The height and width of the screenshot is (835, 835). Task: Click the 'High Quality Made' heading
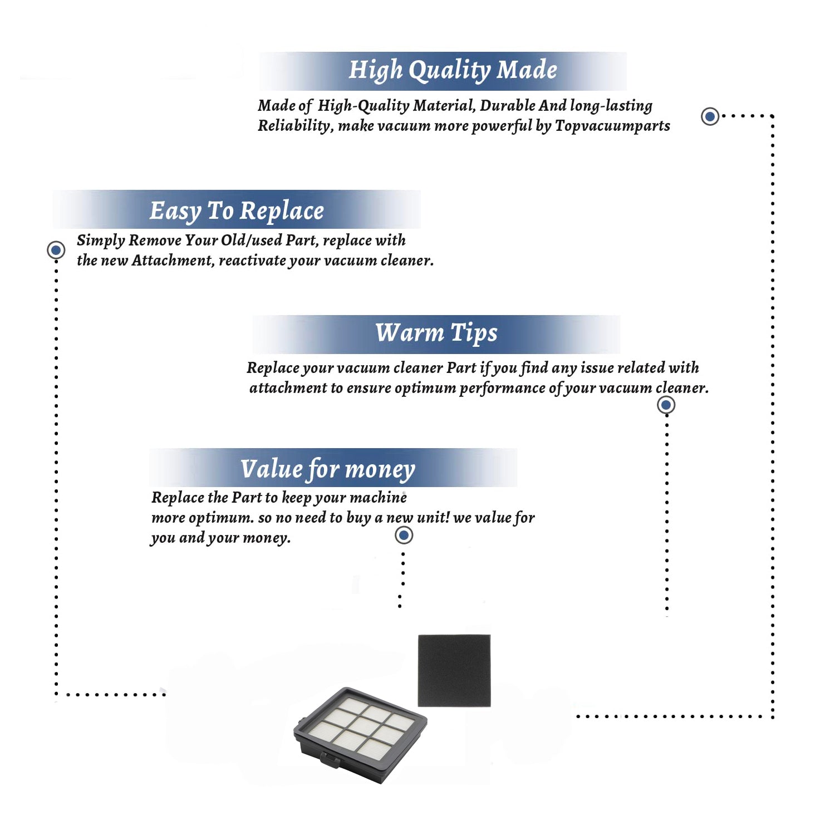[x=453, y=71]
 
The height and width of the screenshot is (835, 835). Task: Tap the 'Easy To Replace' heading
[x=237, y=212]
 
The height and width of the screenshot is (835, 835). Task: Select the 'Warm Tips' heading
[x=436, y=333]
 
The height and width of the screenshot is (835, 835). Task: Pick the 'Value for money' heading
[x=327, y=469]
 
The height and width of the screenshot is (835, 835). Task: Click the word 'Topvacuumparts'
[x=612, y=126]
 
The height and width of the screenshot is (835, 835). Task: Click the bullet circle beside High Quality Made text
[x=710, y=116]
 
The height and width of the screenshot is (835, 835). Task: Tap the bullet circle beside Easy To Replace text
[x=56, y=250]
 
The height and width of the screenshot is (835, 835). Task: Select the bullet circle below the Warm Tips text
[x=666, y=405]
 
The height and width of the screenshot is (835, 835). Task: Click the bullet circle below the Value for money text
[x=404, y=536]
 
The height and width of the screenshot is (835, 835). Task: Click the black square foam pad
[x=454, y=671]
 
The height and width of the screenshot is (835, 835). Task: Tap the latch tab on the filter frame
[x=331, y=758]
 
